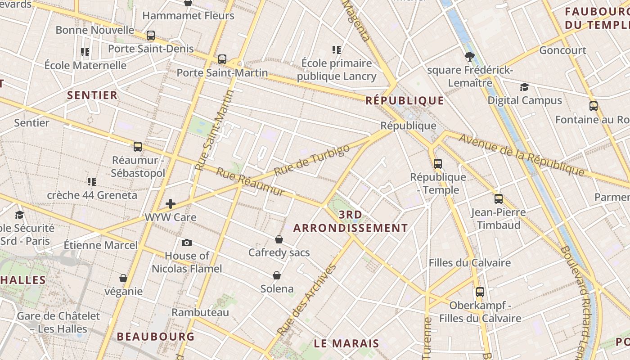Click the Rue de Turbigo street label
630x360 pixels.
coord(311,161)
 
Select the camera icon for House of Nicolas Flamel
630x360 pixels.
coord(187,243)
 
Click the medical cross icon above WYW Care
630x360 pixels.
coord(171,204)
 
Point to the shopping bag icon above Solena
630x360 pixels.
coord(277,275)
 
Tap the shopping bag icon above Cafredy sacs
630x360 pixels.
coord(279,239)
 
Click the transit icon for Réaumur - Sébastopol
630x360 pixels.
coord(138,147)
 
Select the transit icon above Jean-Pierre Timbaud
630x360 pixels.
coord(498,199)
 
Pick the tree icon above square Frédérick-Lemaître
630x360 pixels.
coord(470,57)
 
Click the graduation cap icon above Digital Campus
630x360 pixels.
coord(524,87)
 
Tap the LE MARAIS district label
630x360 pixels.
coord(346,343)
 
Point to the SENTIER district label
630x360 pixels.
coord(92,95)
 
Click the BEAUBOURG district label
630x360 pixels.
coord(156,337)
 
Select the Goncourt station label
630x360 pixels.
coord(562,50)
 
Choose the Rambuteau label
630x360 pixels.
coord(200,312)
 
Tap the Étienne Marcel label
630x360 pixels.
coord(100,245)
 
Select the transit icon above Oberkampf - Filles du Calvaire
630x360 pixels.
coord(480,292)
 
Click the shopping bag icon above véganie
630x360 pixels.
coord(123,279)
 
